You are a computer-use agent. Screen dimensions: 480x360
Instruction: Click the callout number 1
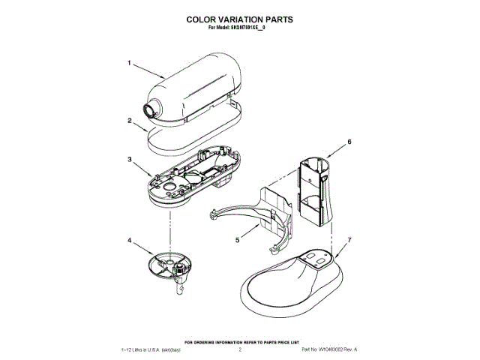tap(129, 64)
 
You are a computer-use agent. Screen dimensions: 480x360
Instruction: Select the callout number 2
tap(129, 120)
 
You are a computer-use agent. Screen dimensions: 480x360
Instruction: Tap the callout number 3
tap(129, 160)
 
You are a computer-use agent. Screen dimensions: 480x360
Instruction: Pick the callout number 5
tap(237, 241)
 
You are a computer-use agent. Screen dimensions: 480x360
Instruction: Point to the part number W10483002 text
tap(328, 349)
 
